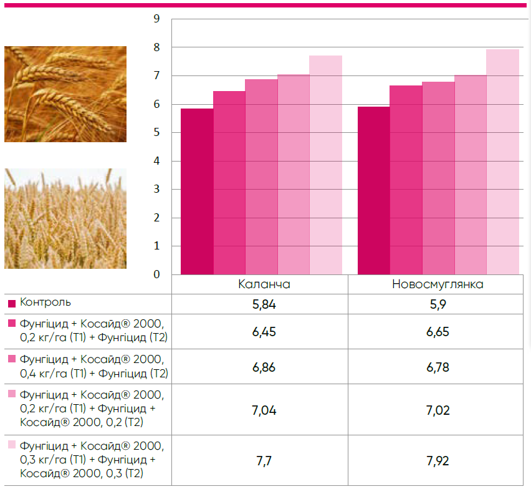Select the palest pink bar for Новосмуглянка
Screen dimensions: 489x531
click(x=502, y=162)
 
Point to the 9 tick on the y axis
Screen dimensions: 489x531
click(x=156, y=19)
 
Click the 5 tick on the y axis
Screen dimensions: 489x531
click(x=156, y=133)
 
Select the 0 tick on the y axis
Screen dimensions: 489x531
click(x=156, y=274)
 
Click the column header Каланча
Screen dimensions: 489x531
click(x=264, y=284)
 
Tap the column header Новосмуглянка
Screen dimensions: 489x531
click(x=438, y=284)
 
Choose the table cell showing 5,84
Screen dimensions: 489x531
click(x=264, y=304)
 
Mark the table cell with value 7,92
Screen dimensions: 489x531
click(x=438, y=462)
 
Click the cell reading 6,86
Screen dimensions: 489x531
click(x=264, y=366)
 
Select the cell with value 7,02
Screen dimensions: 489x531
click(x=438, y=410)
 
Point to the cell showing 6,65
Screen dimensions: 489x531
click(x=438, y=331)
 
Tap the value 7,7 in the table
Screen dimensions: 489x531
click(x=264, y=462)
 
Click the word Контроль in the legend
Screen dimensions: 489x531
click(x=45, y=303)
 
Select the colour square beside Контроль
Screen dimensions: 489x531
click(x=12, y=304)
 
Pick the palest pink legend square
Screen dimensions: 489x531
click(x=12, y=445)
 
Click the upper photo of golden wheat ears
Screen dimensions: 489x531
click(x=65, y=94)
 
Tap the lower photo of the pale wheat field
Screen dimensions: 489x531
click(x=65, y=218)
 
